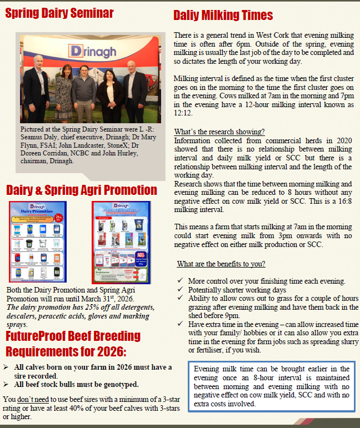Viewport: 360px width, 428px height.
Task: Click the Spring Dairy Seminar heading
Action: pos(59,13)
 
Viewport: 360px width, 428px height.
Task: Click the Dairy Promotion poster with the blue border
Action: pos(37,241)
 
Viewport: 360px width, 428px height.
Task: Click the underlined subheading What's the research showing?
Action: pos(219,132)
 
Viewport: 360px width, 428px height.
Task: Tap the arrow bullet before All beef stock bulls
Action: pos(6,384)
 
